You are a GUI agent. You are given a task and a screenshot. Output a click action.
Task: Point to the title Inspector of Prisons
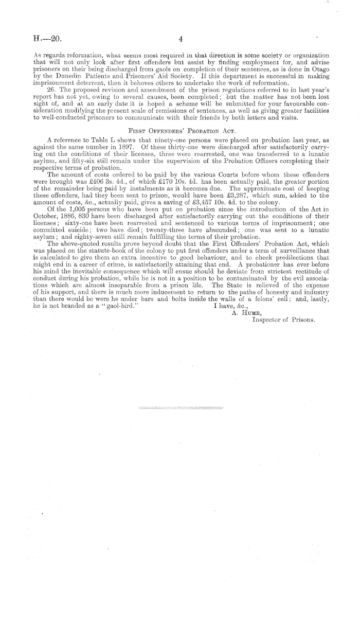pyautogui.click(x=283, y=319)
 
